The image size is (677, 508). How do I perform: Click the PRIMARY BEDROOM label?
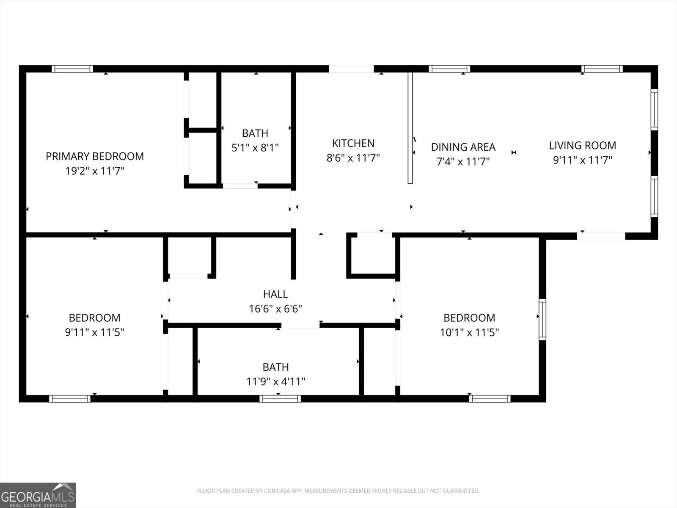coord(95,156)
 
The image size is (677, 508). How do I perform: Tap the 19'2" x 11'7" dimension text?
coord(95,171)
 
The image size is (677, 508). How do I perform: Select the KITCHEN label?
coord(353,143)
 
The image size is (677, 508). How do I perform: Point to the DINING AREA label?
coord(463,147)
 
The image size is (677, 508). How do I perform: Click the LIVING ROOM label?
coord(582,145)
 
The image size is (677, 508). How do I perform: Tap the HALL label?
coord(275,294)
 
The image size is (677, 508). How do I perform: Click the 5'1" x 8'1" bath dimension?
coord(255,148)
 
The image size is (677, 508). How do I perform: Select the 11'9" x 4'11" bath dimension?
coord(275,381)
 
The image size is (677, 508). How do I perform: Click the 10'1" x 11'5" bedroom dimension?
coord(469,332)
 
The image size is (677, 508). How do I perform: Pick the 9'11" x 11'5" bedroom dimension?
coord(94,332)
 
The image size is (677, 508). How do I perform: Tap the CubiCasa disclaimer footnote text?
coord(338,491)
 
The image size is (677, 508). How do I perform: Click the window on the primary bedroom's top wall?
coord(72,69)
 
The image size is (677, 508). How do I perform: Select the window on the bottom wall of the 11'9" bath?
coord(280,398)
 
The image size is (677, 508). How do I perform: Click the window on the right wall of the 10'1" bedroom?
coord(542,319)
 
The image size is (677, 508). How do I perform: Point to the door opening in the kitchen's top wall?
coord(351,69)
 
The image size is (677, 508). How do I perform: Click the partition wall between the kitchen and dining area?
coord(410,127)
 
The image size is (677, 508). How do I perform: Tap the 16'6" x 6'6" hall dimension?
coord(275,309)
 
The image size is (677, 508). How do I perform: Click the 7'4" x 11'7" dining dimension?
coord(463,161)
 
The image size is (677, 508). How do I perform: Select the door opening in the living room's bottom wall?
coord(601,236)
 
